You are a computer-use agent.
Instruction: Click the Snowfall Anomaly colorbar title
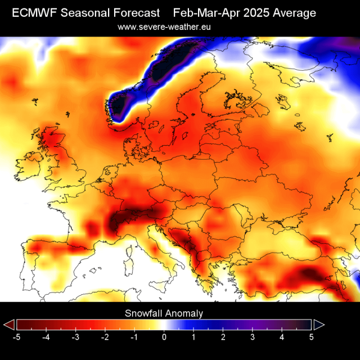[x=164, y=313]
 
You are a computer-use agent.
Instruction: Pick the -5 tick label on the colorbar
[x=17, y=337]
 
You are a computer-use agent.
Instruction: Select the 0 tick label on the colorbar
[x=164, y=337]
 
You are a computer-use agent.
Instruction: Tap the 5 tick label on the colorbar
[x=311, y=337]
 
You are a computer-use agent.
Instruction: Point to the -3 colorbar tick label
[x=75, y=337]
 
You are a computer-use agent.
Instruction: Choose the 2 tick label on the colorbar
[x=223, y=337]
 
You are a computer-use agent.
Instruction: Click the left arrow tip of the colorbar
[x=8, y=325]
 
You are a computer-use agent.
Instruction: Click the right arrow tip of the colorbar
[x=319, y=325]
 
